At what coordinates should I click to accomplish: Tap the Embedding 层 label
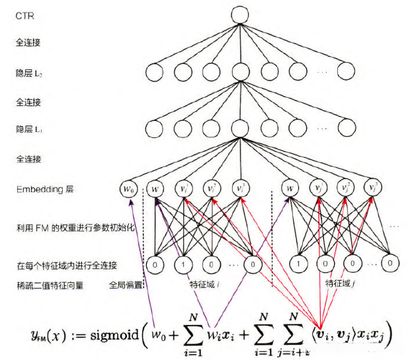pos(44,190)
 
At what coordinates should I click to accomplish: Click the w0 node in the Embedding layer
pos(130,190)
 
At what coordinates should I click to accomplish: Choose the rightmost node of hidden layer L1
pos(347,127)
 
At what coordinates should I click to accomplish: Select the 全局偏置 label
pos(126,285)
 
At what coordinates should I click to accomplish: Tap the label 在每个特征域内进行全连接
pos(66,266)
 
